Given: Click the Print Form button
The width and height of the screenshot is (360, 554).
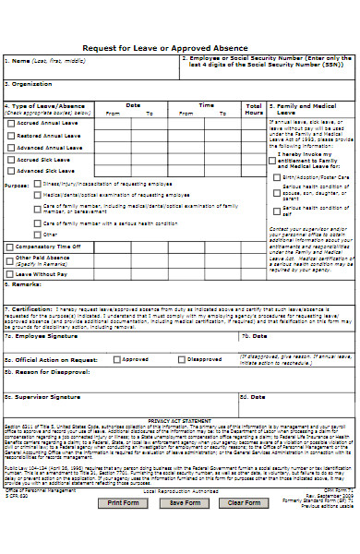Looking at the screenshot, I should tap(124, 529).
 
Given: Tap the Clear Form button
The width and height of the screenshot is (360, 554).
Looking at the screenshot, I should tap(244, 529).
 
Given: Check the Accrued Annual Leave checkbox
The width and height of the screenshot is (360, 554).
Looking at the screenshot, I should tap(11, 123).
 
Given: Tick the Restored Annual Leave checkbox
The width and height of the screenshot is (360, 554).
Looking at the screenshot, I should tap(11, 135).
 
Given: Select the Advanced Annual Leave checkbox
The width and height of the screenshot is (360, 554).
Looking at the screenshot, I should tap(11, 147).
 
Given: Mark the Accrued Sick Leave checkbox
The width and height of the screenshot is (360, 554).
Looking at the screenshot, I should tap(11, 159).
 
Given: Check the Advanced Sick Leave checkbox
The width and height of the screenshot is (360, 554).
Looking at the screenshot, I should tap(11, 171).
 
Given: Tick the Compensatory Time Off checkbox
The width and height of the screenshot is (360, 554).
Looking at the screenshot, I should tap(11, 247).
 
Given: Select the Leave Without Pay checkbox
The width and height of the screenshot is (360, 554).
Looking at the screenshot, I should tap(11, 274).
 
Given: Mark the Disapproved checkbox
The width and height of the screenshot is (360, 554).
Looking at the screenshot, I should tap(182, 332).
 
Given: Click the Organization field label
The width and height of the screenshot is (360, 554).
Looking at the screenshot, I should tap(28, 82).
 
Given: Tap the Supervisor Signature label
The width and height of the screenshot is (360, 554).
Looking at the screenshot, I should tap(46, 371).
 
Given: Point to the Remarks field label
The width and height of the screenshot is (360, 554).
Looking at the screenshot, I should tap(25, 284).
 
